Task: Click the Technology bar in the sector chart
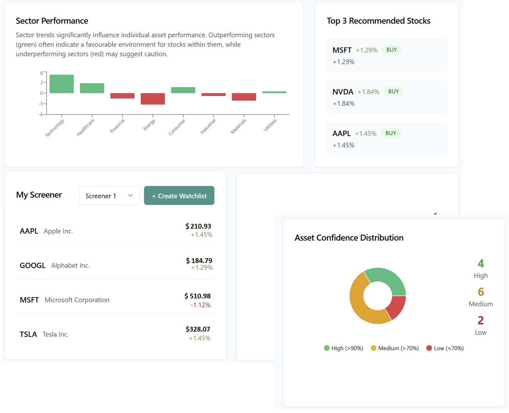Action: pyautogui.click(x=62, y=84)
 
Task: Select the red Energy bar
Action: pyautogui.click(x=153, y=99)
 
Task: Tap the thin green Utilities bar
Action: pyautogui.click(x=274, y=92)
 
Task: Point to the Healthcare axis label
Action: pyautogui.click(x=86, y=127)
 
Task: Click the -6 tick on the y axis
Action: pyautogui.click(x=41, y=114)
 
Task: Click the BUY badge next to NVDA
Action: pyautogui.click(x=393, y=92)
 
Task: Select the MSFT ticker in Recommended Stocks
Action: pyautogui.click(x=342, y=50)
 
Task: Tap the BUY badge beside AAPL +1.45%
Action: pyautogui.click(x=391, y=133)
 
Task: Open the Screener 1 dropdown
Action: pyautogui.click(x=110, y=196)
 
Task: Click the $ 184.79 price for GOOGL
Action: pyautogui.click(x=199, y=261)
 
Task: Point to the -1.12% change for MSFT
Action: pyautogui.click(x=200, y=305)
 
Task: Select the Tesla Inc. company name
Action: pyautogui.click(x=56, y=334)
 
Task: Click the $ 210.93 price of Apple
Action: pyautogui.click(x=198, y=226)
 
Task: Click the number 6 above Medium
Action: pyautogui.click(x=481, y=292)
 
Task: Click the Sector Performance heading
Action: pyautogui.click(x=52, y=21)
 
